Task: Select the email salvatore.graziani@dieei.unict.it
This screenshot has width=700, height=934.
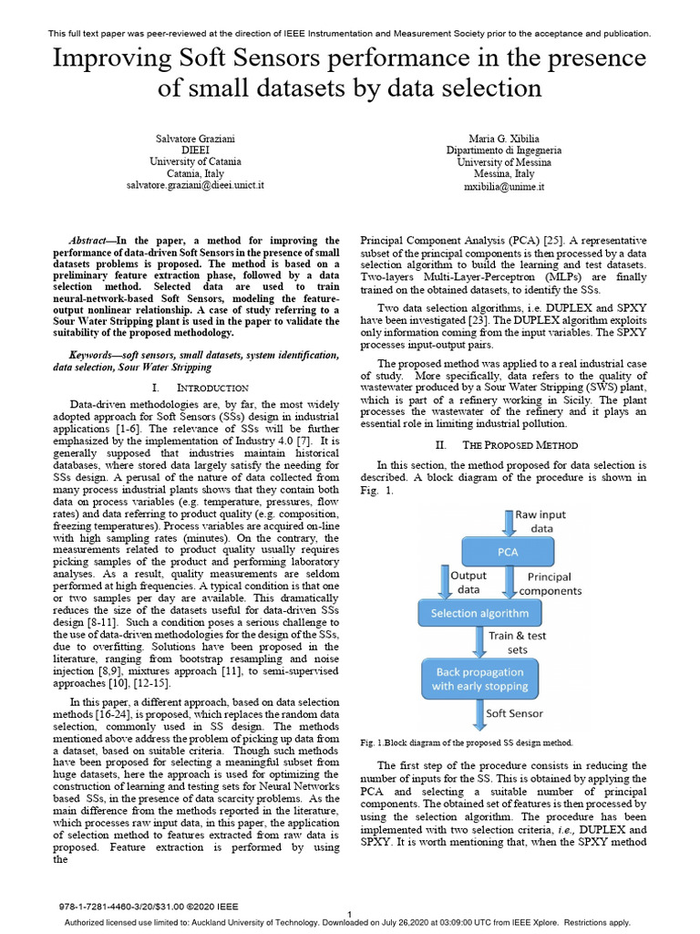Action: pos(195,185)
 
